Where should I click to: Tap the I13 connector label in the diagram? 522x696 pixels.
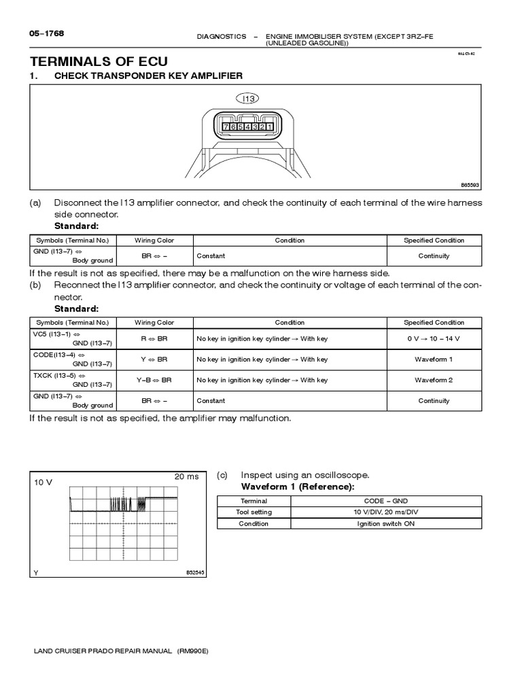click(x=249, y=99)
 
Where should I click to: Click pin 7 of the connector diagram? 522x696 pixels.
click(x=225, y=127)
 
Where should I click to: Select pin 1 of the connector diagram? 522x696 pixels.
click(x=270, y=127)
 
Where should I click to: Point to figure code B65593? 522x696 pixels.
click(x=470, y=184)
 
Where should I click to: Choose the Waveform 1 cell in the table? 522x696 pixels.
click(x=433, y=360)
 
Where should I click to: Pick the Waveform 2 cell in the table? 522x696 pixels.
click(x=433, y=380)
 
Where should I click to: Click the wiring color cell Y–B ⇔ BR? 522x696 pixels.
click(x=155, y=380)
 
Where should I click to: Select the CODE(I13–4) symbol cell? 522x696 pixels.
click(x=73, y=360)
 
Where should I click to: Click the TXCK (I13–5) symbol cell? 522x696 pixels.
click(x=73, y=380)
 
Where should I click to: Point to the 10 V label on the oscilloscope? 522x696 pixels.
click(x=43, y=482)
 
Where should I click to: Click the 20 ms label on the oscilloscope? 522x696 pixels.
click(x=186, y=476)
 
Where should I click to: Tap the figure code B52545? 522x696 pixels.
click(x=195, y=573)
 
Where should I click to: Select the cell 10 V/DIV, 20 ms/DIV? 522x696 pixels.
click(x=386, y=512)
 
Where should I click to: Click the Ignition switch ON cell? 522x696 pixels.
click(x=386, y=524)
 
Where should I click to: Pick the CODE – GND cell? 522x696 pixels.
click(x=386, y=500)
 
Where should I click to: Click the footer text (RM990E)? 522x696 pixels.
click(x=193, y=650)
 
